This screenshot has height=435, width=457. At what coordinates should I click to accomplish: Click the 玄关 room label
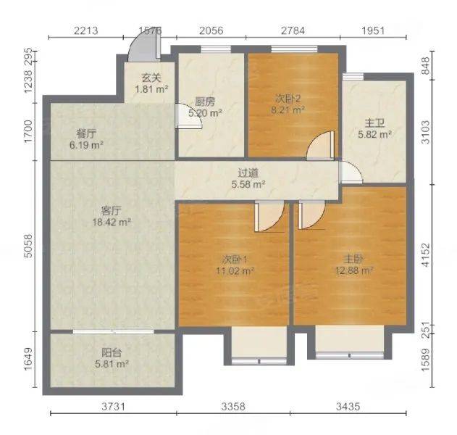[151, 78]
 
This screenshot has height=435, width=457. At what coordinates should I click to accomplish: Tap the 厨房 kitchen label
[205, 101]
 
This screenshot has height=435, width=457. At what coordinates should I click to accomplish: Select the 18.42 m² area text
[112, 223]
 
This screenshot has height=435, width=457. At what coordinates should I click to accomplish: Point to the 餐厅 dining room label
[86, 134]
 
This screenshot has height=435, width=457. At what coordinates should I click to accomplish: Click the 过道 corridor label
[248, 173]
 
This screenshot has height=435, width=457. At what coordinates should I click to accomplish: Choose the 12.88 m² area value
[354, 271]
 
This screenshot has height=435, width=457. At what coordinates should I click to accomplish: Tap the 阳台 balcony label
[112, 353]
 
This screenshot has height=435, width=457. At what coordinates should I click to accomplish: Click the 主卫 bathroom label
[374, 123]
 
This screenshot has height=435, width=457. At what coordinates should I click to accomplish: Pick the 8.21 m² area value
[288, 110]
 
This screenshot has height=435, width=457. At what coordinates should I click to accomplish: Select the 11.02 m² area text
[235, 271]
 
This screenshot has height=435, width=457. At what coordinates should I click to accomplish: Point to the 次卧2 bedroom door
[320, 145]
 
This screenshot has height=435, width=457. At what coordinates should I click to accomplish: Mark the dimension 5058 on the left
[28, 246]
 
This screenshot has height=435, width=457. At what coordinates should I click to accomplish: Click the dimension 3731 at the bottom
[113, 407]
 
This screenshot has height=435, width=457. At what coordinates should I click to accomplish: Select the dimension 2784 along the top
[293, 30]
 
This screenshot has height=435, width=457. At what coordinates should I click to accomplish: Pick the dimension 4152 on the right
[426, 254]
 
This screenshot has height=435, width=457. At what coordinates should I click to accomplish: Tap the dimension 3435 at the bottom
[348, 407]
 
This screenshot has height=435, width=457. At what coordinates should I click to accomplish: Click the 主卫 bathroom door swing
[351, 173]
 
